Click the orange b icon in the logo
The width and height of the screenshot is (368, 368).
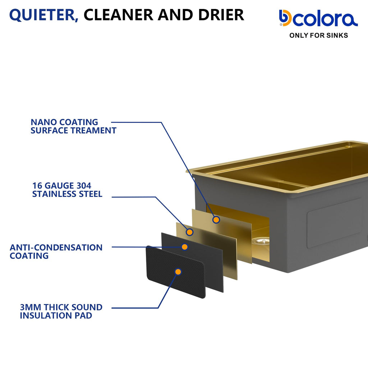tap(285, 18)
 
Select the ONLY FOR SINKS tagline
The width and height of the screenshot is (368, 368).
tap(318, 36)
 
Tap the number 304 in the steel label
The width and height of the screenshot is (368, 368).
tap(84, 186)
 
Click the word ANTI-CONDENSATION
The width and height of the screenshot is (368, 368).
tap(56, 247)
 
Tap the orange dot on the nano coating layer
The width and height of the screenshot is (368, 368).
tap(216, 220)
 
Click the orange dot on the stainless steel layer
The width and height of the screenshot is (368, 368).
tap(190, 232)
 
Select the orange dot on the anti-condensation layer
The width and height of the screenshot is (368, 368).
tap(185, 247)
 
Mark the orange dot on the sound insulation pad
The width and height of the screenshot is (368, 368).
tap(178, 272)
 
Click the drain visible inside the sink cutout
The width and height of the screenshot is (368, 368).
tap(261, 241)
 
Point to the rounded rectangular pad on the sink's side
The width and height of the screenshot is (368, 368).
tap(334, 223)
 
